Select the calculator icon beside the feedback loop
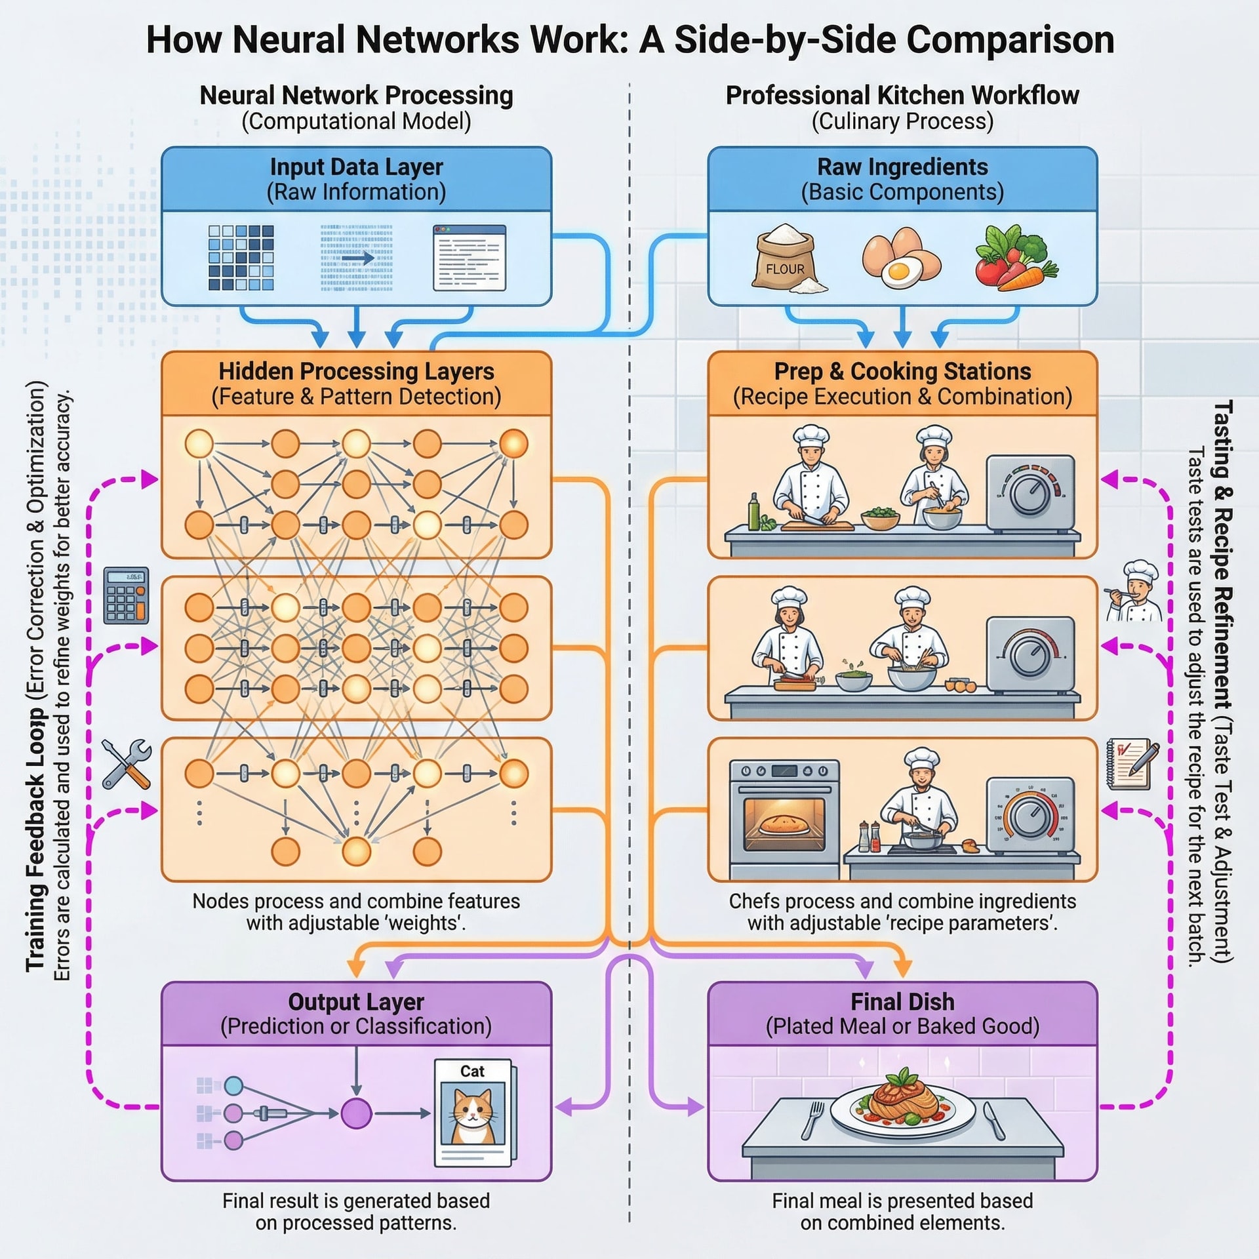coord(126,595)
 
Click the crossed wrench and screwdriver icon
coord(127,764)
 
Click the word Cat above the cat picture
coord(472,1071)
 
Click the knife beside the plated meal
coord(994,1121)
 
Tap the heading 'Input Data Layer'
coord(357,167)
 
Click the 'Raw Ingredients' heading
coord(902,167)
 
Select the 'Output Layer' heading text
coord(356,1001)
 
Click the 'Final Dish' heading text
coord(902,1001)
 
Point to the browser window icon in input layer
coord(470,258)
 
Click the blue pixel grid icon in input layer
coord(241,258)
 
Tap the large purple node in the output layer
coord(356,1113)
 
